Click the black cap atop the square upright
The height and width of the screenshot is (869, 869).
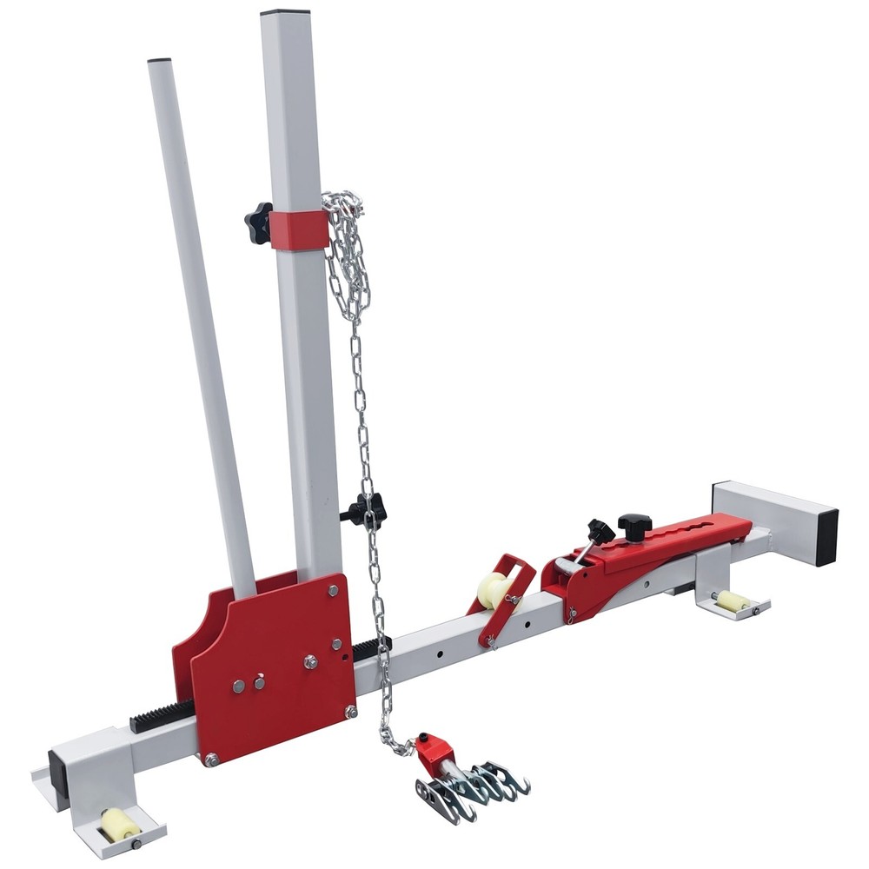[x=285, y=12]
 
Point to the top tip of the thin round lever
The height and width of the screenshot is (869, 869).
[x=159, y=61]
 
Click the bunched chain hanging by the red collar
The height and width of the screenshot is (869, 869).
[x=348, y=252]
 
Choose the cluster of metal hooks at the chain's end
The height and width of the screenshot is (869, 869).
[x=476, y=786]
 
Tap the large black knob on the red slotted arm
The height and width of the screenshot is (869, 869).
[x=634, y=526]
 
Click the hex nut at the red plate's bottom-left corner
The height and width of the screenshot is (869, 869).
[x=211, y=759]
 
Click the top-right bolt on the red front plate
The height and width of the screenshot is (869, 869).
[x=334, y=590]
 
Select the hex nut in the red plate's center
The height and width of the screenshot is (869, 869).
[x=310, y=662]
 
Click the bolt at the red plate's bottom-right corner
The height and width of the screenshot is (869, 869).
[x=351, y=712]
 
